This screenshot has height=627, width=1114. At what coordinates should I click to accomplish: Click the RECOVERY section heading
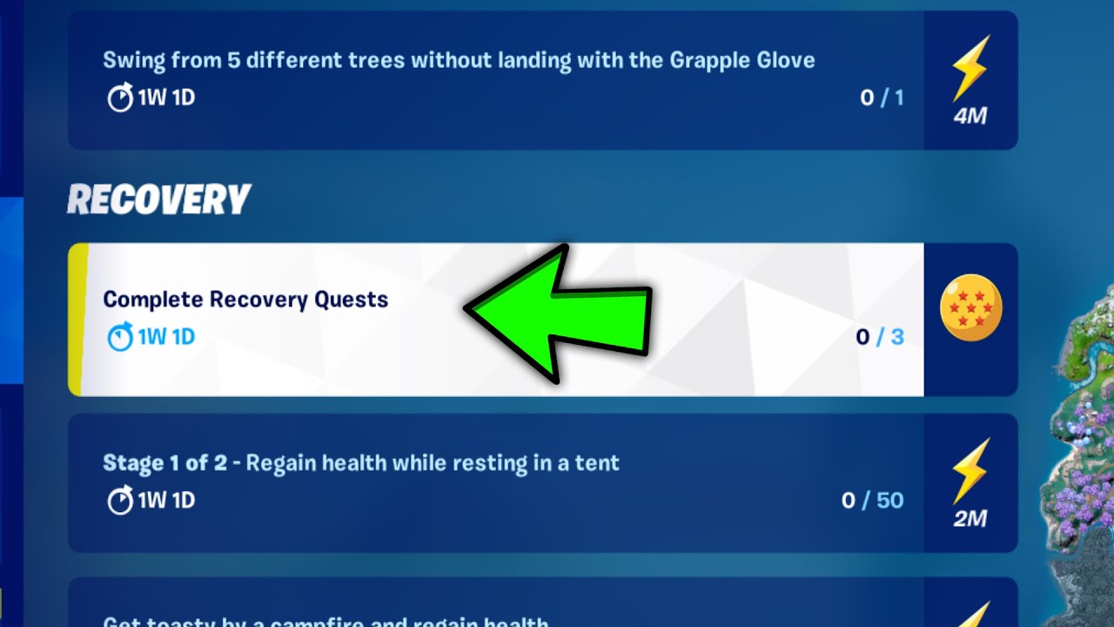(159, 200)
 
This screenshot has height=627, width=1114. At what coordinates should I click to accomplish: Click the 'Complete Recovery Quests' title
(245, 300)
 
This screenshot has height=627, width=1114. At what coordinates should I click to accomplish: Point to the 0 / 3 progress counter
(880, 336)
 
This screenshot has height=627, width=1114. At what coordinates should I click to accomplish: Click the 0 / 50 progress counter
(872, 500)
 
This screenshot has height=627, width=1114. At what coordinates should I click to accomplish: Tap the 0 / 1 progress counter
(882, 98)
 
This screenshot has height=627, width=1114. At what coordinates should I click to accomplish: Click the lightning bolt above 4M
(970, 68)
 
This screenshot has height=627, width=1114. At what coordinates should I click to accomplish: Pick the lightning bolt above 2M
(970, 470)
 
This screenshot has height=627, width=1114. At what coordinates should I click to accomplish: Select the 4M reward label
(970, 116)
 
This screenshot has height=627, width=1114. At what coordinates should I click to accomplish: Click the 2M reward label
(970, 519)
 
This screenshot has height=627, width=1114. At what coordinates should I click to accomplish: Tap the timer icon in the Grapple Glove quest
(120, 98)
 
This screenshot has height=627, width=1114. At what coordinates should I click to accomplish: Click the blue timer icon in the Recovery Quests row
(120, 336)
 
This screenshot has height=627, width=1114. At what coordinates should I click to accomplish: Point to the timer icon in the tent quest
(120, 501)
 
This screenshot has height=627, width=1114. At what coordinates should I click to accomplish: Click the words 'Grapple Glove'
(742, 60)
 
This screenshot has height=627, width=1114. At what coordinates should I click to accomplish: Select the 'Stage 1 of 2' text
(164, 462)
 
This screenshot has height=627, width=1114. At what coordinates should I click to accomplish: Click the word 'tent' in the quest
(597, 462)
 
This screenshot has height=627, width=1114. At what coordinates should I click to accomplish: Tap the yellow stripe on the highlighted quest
(77, 320)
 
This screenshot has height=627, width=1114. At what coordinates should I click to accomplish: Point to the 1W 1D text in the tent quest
(166, 501)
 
